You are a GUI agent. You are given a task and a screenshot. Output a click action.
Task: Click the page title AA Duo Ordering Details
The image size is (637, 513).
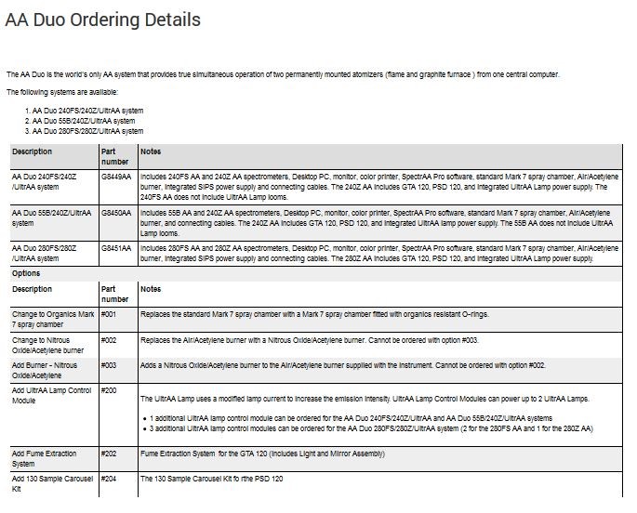click(102, 20)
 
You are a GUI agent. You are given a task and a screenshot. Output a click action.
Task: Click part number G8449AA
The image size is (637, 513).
click(116, 175)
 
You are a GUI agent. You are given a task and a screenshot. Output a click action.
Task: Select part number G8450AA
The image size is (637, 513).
click(116, 213)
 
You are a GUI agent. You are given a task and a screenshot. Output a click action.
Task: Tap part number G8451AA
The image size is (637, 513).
click(116, 248)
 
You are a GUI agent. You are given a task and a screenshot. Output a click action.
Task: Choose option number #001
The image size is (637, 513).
click(108, 314)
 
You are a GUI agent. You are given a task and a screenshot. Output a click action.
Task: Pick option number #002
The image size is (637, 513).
click(108, 341)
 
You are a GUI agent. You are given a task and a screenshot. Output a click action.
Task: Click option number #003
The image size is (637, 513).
click(108, 366)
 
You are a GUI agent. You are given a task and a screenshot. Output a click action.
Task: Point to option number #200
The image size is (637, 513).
click(108, 391)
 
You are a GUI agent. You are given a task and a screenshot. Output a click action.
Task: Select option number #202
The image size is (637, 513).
click(108, 454)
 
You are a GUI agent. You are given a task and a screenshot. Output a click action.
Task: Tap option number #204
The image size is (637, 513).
click(108, 479)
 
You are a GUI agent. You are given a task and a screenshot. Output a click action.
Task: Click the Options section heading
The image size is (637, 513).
click(26, 274)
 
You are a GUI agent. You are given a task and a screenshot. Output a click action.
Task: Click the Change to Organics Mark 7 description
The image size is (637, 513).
click(52, 320)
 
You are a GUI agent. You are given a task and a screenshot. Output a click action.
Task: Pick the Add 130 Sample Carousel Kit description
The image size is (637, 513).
click(52, 483)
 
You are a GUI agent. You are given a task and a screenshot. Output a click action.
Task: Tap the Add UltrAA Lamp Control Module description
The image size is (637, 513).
click(51, 396)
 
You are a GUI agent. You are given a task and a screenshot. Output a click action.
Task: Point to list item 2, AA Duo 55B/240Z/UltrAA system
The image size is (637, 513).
click(83, 121)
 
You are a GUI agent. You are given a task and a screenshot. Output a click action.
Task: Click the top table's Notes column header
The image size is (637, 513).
click(151, 151)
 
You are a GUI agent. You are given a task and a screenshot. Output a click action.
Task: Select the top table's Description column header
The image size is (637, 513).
click(33, 151)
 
